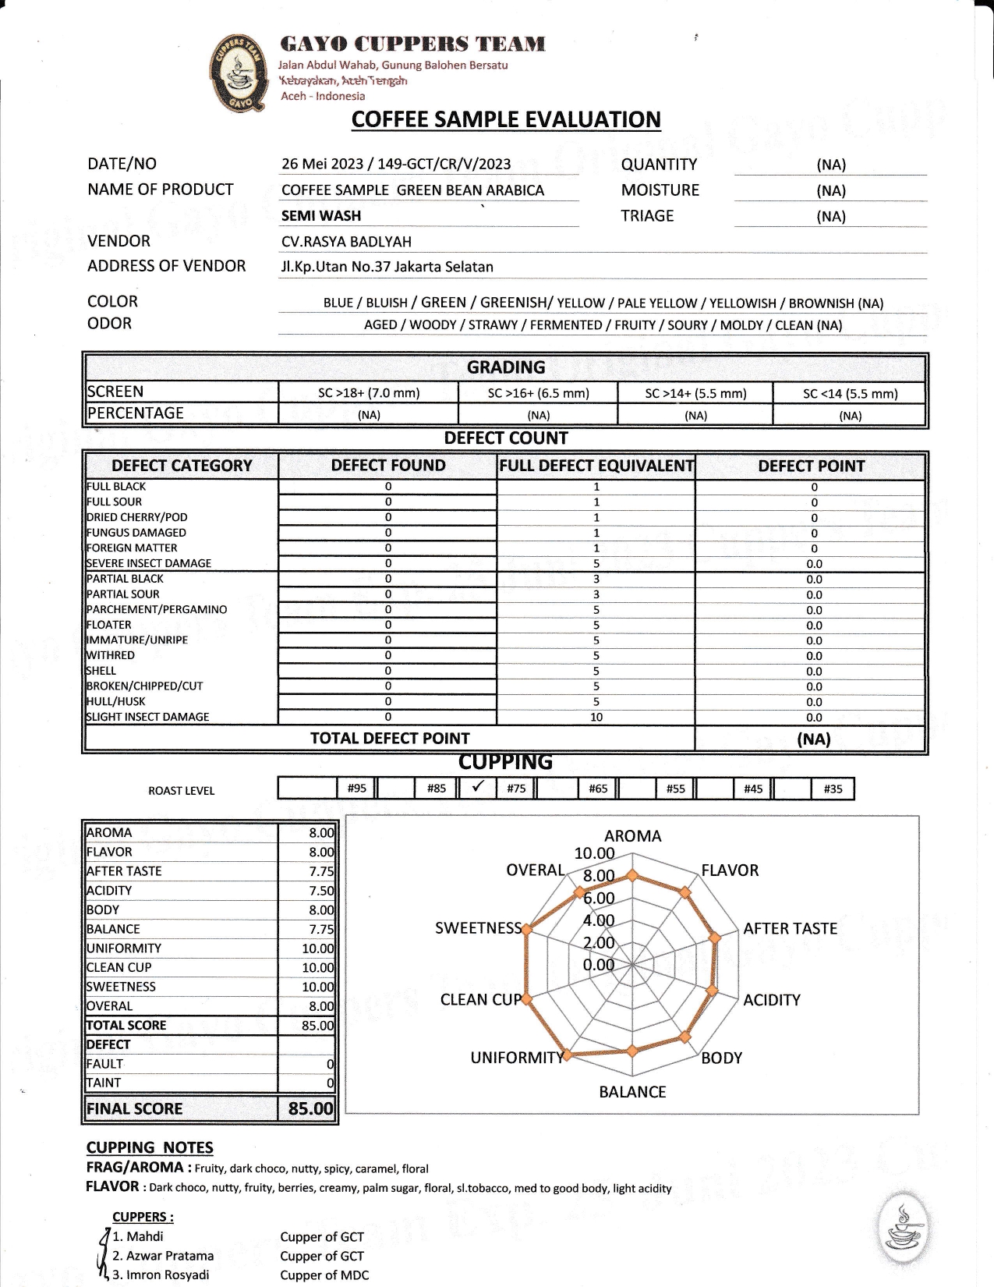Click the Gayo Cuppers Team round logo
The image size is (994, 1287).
tap(238, 73)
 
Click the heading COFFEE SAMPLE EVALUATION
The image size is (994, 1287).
tap(506, 119)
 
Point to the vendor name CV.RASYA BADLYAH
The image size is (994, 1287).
tap(346, 242)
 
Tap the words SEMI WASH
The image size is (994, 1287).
tap(321, 216)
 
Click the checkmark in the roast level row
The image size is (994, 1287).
tap(479, 786)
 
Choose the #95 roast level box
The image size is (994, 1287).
tap(356, 789)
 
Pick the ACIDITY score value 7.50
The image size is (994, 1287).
tap(321, 891)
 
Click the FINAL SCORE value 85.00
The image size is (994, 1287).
tap(310, 1108)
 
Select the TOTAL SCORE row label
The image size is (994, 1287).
tap(126, 1026)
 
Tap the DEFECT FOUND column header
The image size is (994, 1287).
tap(388, 466)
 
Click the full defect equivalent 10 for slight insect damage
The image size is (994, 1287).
tap(596, 718)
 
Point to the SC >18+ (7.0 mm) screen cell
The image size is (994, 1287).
tap(369, 393)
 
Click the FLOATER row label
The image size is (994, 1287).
tap(109, 625)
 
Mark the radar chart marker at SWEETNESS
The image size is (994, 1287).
tap(527, 930)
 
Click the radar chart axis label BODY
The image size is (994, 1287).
tap(721, 1058)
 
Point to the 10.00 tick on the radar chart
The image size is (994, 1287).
tap(594, 853)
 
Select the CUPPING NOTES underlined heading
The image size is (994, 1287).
tap(150, 1147)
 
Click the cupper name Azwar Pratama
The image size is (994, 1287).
tap(162, 1256)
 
